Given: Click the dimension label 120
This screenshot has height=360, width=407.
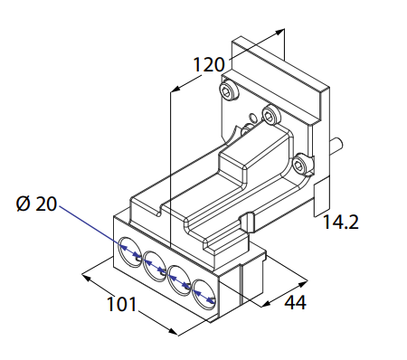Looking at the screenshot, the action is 209,64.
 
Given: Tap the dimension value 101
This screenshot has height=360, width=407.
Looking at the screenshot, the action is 122,304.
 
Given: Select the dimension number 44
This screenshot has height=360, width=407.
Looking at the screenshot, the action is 296,302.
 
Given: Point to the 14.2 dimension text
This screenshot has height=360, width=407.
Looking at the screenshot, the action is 341,223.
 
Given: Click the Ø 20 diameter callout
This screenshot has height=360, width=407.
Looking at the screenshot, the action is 36,204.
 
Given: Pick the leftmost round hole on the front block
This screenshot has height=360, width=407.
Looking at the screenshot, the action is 130,251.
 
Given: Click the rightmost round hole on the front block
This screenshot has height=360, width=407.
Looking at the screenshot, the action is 204,295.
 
